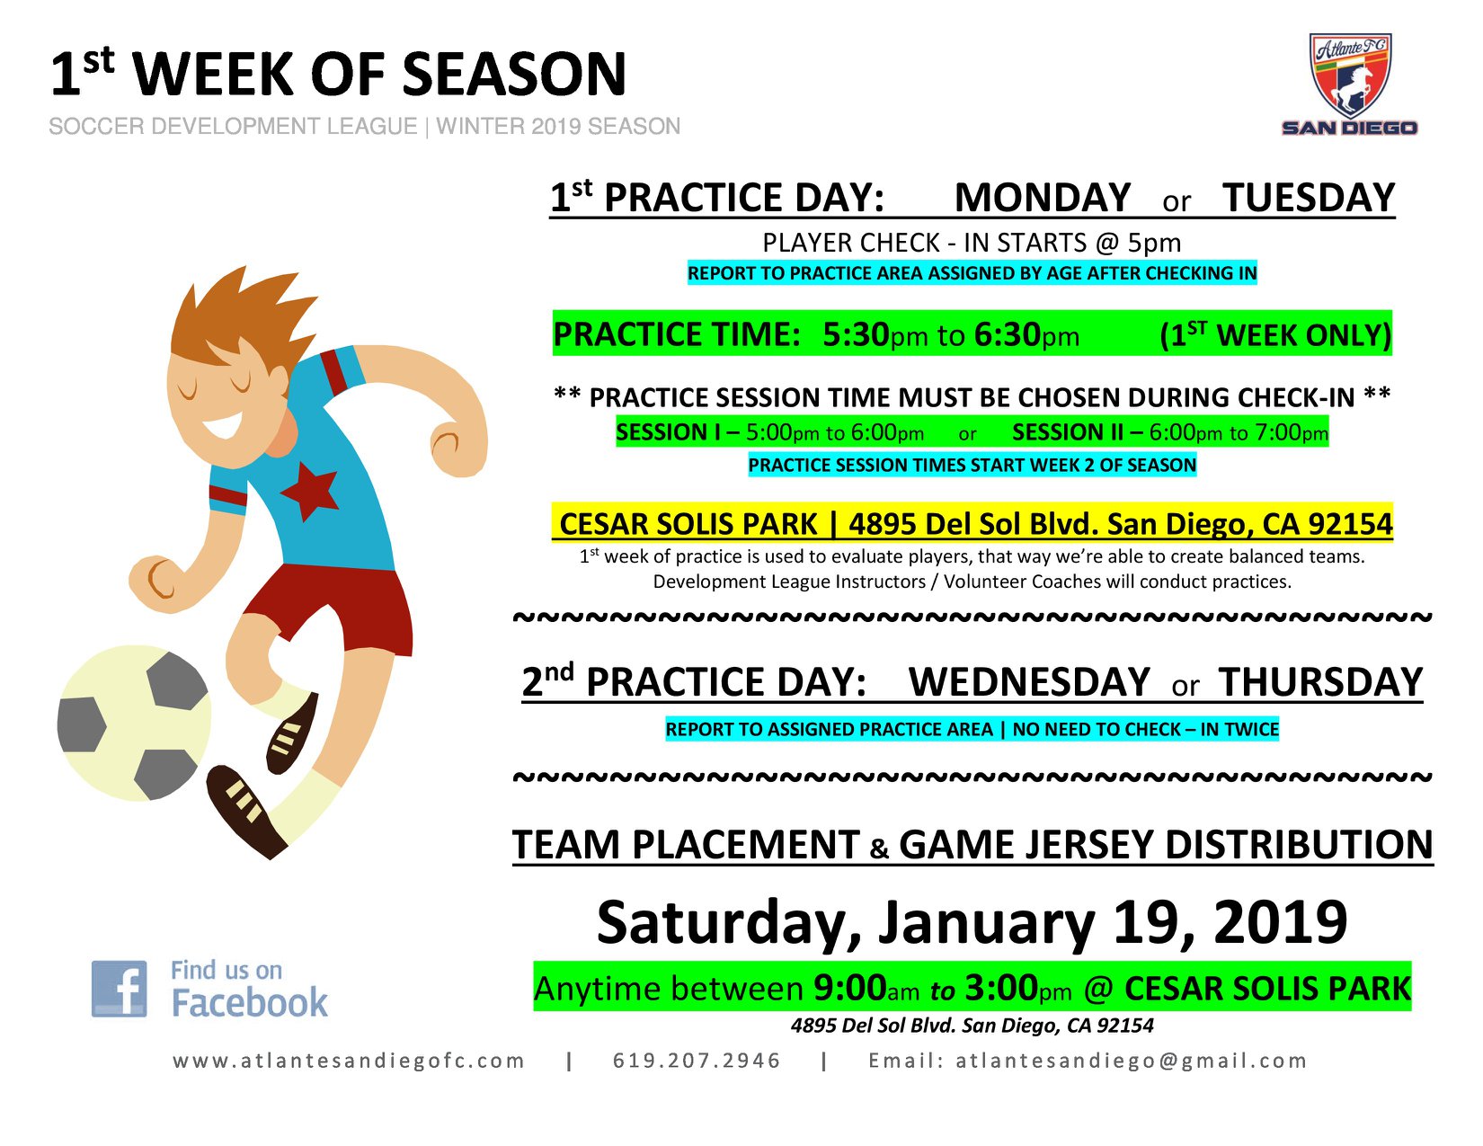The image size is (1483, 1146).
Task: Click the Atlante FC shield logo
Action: [1350, 76]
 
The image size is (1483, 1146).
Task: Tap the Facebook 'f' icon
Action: [119, 989]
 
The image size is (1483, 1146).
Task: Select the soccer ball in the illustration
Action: [134, 723]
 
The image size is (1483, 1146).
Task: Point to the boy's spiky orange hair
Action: [239, 321]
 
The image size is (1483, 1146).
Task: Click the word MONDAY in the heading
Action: [1042, 198]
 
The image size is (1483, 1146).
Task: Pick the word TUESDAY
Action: [1309, 198]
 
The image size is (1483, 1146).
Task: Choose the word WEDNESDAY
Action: [1029, 682]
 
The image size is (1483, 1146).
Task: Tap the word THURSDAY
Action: [1320, 682]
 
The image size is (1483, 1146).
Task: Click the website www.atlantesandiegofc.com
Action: [349, 1060]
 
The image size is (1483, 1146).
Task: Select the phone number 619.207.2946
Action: [697, 1060]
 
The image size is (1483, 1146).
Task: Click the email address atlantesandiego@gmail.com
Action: [1132, 1060]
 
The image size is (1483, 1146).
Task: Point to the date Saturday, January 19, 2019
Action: [972, 922]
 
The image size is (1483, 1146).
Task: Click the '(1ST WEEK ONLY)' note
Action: [1274, 334]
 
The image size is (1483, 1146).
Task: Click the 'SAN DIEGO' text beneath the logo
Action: [1350, 128]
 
